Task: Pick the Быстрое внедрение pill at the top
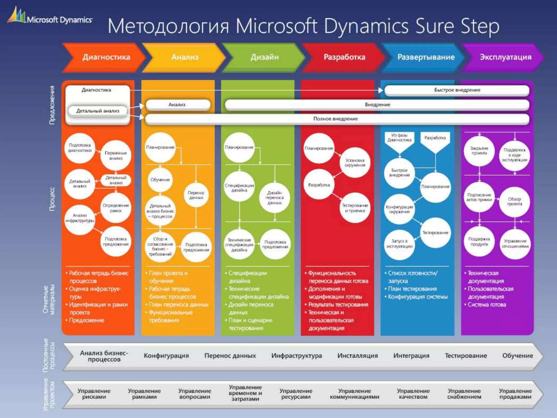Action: [x=457, y=90]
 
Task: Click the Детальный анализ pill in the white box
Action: [x=98, y=111]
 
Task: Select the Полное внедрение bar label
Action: [x=335, y=119]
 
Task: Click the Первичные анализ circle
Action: [x=116, y=155]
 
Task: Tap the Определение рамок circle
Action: [x=116, y=208]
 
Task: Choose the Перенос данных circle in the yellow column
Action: [x=196, y=195]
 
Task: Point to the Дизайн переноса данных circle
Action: [x=274, y=198]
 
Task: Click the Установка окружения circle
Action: [x=355, y=163]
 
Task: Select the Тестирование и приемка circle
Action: [x=355, y=208]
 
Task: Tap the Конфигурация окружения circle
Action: [x=399, y=209]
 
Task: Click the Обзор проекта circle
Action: [x=514, y=201]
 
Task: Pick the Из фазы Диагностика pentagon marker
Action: [x=399, y=140]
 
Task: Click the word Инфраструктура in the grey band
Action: [x=296, y=356]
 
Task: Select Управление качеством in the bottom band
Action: [x=413, y=394]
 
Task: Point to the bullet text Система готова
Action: [x=487, y=305]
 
